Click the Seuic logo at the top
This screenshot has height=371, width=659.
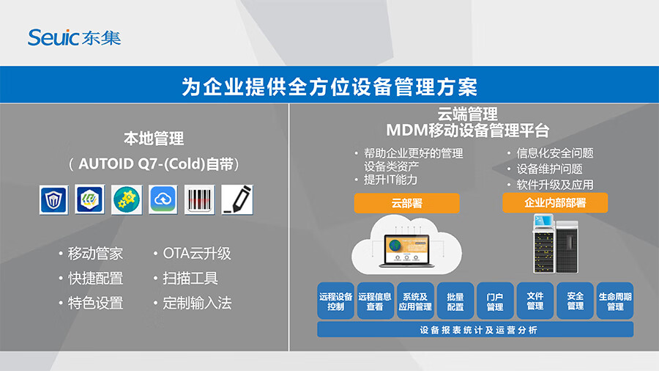coord(75,37)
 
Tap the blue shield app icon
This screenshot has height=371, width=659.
coord(53,200)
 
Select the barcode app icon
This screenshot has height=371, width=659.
coord(200,200)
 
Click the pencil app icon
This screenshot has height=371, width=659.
coord(237,200)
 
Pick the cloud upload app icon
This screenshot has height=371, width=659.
coord(163,200)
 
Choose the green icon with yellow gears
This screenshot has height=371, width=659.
coord(127,200)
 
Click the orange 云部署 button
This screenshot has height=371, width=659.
coord(407,203)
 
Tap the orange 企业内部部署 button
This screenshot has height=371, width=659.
coord(555,203)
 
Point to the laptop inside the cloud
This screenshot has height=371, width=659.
coord(407,251)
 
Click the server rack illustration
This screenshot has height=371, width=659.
coord(556,244)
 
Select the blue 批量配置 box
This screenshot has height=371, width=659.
coord(455,301)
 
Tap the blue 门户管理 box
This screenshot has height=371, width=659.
coord(495,301)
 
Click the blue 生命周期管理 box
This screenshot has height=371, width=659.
coord(615,301)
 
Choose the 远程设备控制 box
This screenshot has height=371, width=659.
coord(335,301)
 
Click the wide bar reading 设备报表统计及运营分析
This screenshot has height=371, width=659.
coord(475,330)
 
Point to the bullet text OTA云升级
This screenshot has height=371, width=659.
coord(197,253)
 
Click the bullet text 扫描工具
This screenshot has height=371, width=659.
coord(190,278)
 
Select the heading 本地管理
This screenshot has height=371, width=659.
coord(154,139)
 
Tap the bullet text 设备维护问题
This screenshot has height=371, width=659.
coord(549,169)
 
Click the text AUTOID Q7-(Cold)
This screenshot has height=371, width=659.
coord(141,164)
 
